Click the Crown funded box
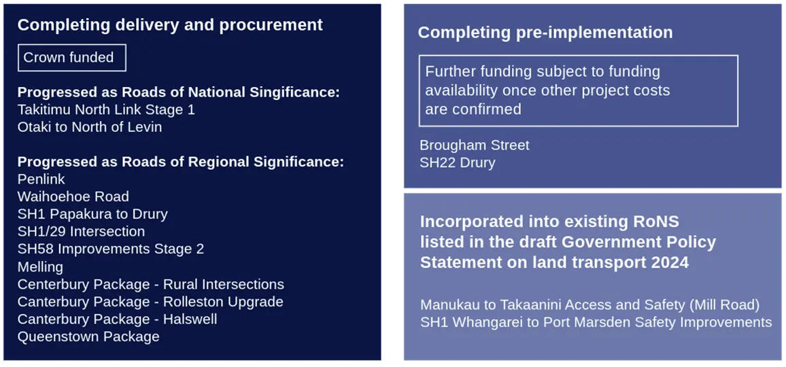click(71, 58)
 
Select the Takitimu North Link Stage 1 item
click(106, 110)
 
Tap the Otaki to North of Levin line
click(90, 127)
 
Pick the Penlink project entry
click(41, 179)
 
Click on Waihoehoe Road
click(73, 196)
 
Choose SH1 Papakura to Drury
click(92, 214)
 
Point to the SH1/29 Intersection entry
click(81, 232)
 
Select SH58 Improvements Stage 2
click(111, 249)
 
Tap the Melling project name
click(40, 266)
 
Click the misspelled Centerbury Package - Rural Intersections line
click(151, 284)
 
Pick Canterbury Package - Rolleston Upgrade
click(150, 302)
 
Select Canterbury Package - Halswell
click(118, 319)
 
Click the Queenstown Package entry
click(88, 337)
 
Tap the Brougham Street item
click(474, 145)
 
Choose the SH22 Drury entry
click(457, 163)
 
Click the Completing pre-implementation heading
click(545, 33)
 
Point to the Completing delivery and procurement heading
click(170, 25)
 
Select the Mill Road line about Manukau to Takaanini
click(590, 305)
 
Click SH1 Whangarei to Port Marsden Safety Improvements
click(596, 322)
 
